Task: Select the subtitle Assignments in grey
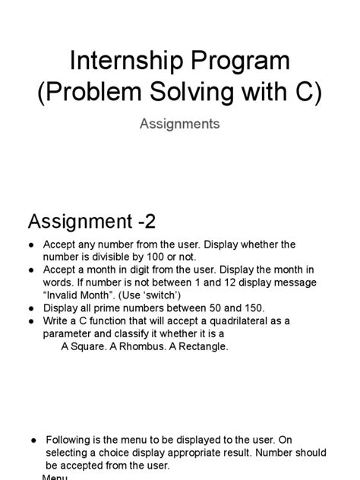(x=180, y=123)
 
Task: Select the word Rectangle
(x=201, y=346)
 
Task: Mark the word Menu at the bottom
(x=55, y=477)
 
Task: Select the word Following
(x=72, y=440)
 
